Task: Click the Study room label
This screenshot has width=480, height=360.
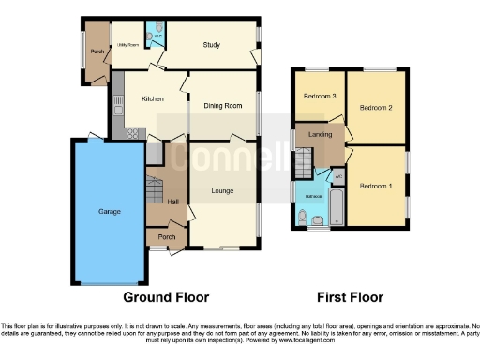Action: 211,44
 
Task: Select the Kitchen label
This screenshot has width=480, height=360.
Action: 152,97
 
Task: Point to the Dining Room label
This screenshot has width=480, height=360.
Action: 223,106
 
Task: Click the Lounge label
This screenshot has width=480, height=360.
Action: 222,191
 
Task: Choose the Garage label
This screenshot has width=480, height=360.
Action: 109,211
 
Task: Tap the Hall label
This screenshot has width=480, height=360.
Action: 172,201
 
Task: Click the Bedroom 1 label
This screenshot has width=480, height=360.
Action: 377,185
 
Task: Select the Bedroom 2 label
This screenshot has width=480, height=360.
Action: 376,108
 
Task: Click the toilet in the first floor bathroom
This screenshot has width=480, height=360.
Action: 302,218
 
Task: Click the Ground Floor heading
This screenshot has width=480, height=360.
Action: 166,297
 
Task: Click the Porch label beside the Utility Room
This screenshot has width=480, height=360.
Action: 96,51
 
